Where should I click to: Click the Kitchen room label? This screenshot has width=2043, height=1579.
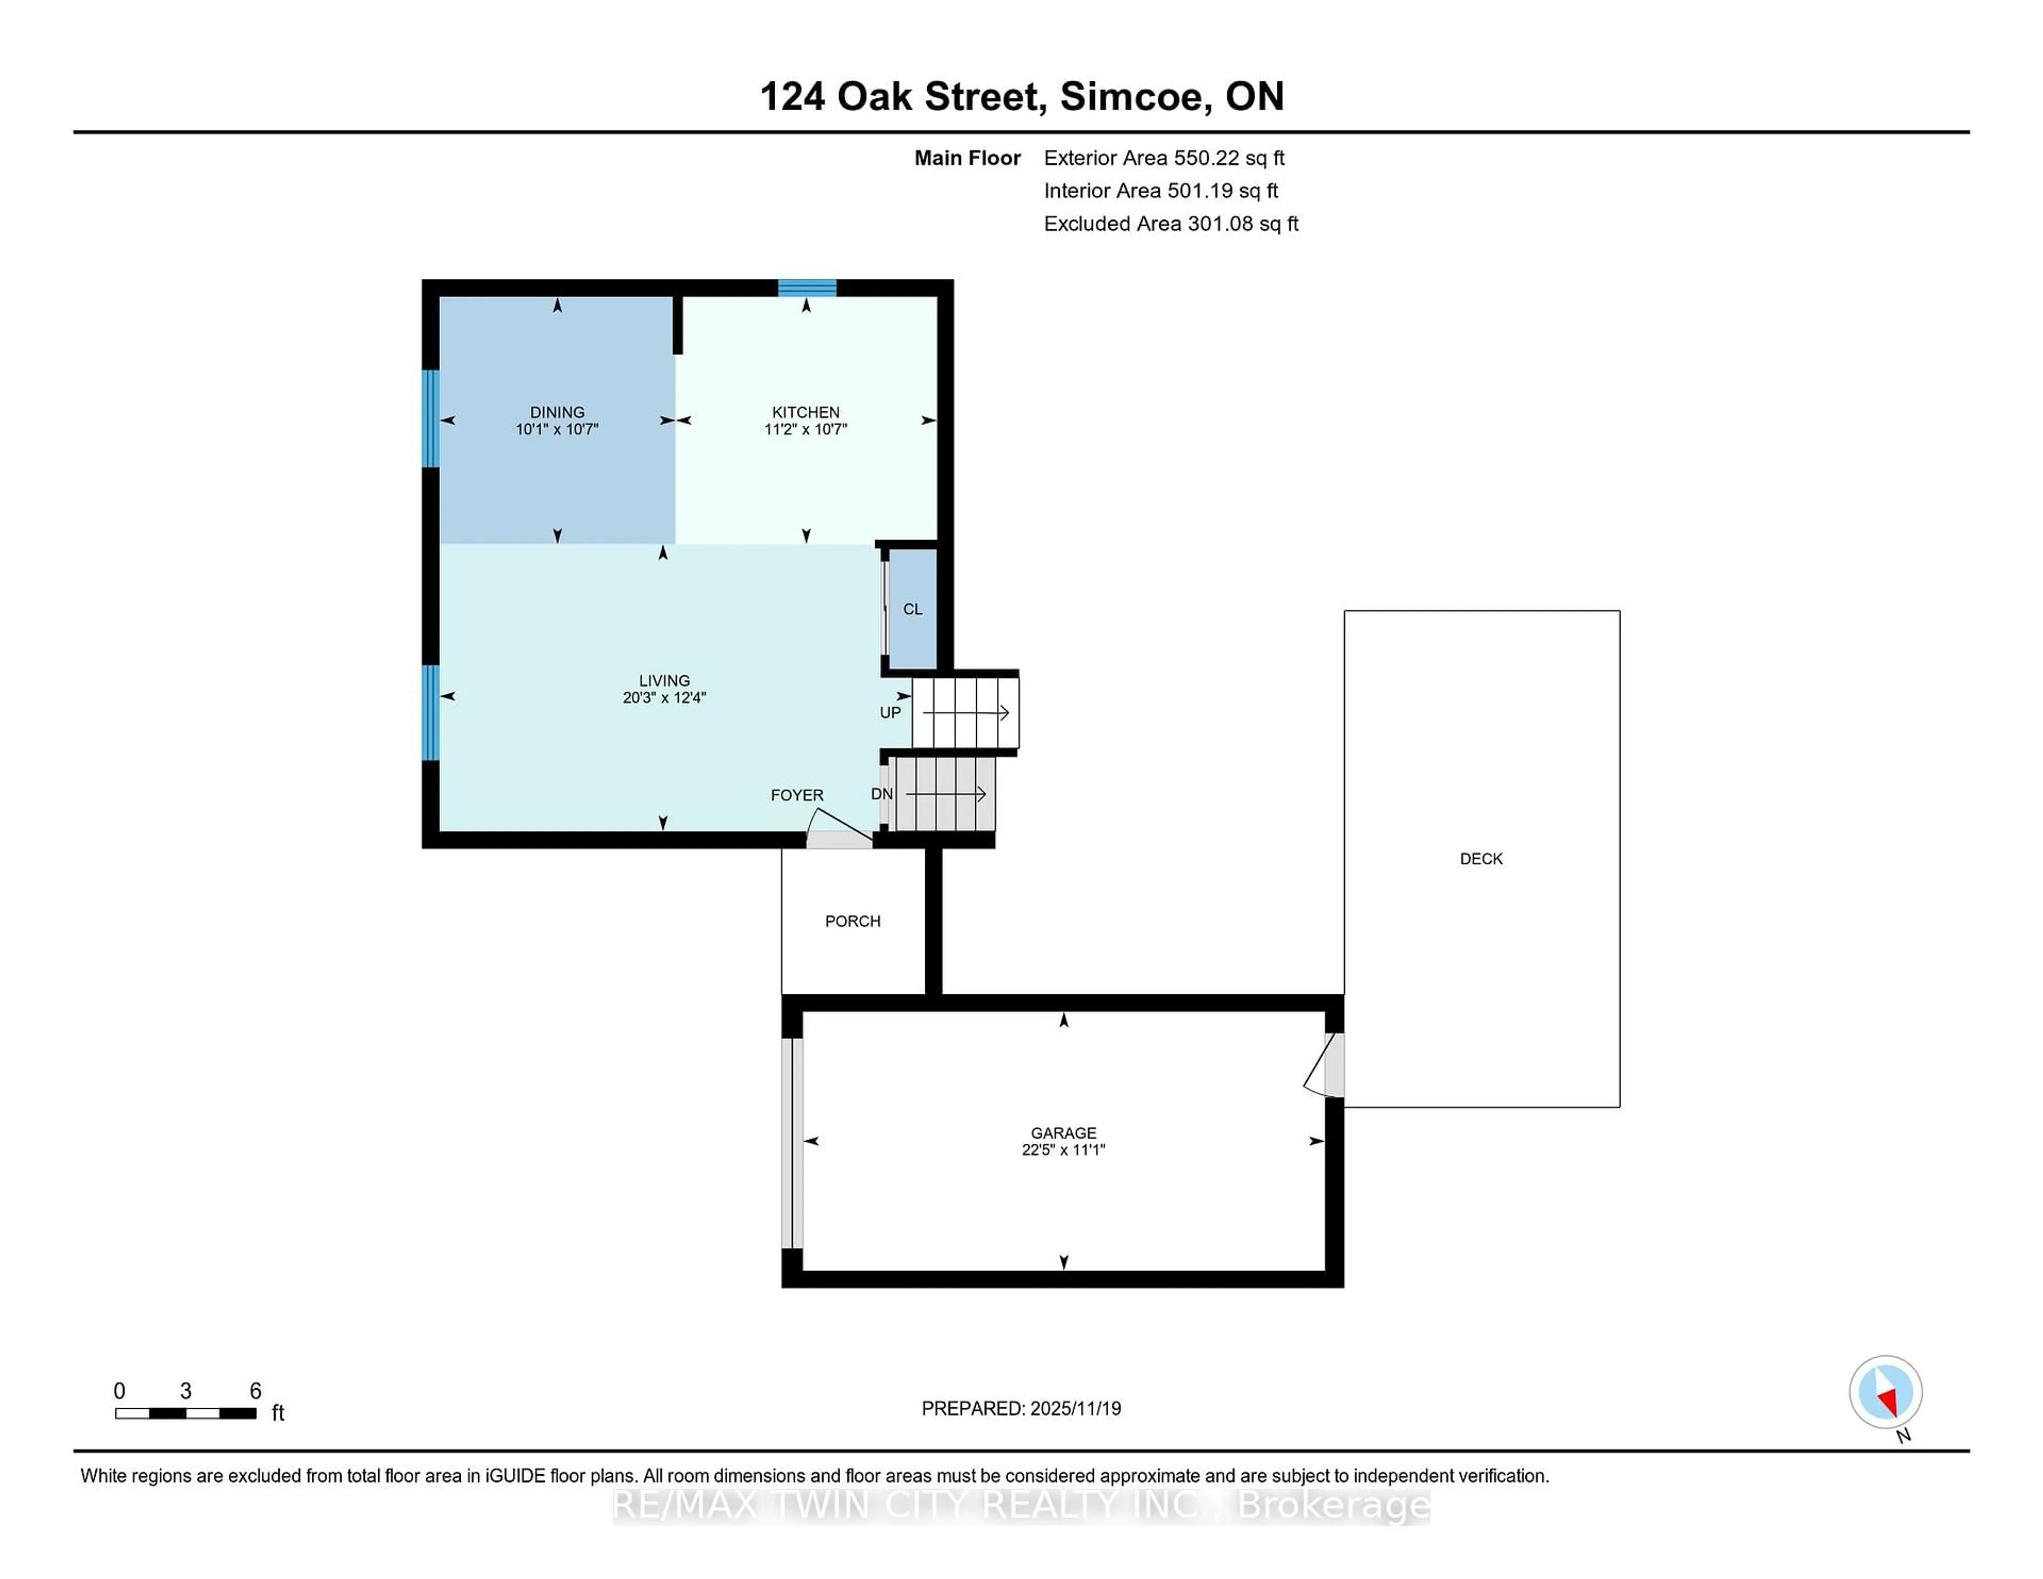(x=805, y=412)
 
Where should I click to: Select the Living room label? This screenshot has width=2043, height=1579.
(x=664, y=680)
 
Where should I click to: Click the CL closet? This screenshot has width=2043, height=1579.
(x=912, y=609)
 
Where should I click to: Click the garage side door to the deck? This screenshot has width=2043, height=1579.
(x=1326, y=1066)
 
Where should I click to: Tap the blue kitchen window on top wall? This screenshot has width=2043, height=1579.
(x=807, y=287)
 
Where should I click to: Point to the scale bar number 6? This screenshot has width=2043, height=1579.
(x=255, y=1391)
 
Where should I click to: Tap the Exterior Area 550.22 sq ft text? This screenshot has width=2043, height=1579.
(x=1164, y=158)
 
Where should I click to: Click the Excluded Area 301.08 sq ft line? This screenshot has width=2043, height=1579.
(x=1170, y=223)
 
